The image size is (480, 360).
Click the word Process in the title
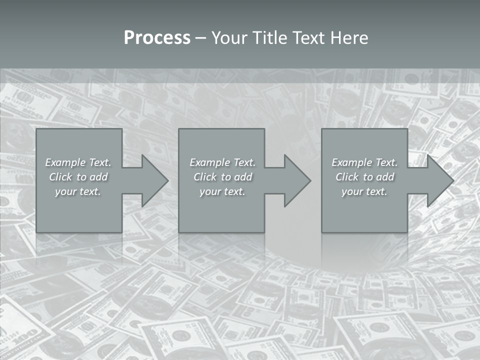[157, 38]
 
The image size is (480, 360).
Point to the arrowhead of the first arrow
[155, 180]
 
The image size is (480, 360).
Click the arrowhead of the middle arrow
[297, 180]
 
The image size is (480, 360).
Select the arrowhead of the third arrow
[440, 180]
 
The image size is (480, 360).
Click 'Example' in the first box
[65, 162]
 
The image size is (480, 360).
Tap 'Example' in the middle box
[209, 162]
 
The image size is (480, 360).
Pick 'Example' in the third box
[351, 162]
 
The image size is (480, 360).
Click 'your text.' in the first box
[78, 191]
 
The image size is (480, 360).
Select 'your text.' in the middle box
[222, 191]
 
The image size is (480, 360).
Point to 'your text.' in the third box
[364, 191]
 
